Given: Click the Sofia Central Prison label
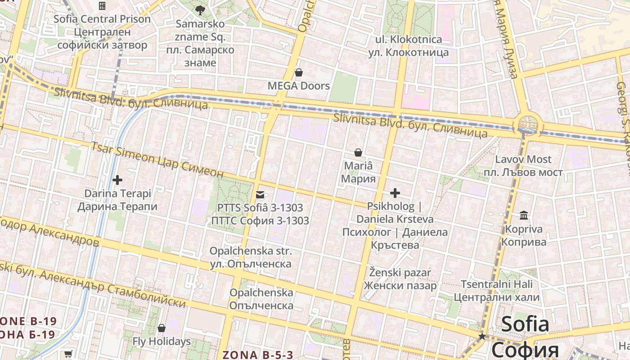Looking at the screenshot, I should click(x=102, y=19).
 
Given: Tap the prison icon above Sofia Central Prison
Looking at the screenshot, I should click(x=102, y=6).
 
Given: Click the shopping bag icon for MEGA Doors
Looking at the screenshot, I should click(x=298, y=72).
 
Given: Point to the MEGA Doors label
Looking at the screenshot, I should click(x=298, y=86).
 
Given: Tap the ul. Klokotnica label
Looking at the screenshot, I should click(x=409, y=40).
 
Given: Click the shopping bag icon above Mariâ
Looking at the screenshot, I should click(x=358, y=153).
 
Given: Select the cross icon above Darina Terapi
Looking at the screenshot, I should click(x=117, y=180).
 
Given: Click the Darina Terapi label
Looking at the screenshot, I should click(x=117, y=193).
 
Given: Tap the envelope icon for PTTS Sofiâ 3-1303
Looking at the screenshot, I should click(x=260, y=195).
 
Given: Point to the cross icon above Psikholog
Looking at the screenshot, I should click(x=395, y=193).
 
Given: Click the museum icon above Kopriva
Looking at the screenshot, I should click(x=524, y=216).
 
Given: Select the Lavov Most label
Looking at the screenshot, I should click(x=523, y=159).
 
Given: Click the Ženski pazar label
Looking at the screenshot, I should click(x=400, y=273).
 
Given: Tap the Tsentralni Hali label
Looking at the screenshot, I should click(x=496, y=284).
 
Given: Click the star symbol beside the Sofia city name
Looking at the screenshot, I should click(x=482, y=336).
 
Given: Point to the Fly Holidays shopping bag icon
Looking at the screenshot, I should click(x=162, y=328).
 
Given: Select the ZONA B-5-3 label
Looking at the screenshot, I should click(x=258, y=355).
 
